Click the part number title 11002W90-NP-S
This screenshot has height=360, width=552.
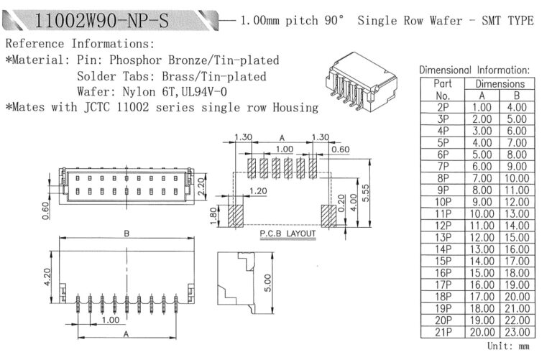pyautogui.click(x=102, y=20)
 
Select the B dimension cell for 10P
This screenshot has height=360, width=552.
pyautogui.click(x=517, y=202)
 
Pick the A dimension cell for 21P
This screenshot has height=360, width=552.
pyautogui.click(x=482, y=332)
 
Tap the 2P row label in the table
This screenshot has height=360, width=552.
pyautogui.click(x=443, y=107)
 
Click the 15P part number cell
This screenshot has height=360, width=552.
pyautogui.click(x=443, y=261)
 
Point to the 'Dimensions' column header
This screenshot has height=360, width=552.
pyautogui.click(x=500, y=84)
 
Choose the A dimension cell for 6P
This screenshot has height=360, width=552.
pyautogui.click(x=482, y=154)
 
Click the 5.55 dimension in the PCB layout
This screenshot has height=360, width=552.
pyautogui.click(x=366, y=193)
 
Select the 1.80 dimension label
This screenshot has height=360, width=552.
pyautogui.click(x=213, y=216)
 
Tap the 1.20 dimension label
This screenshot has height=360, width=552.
pyautogui.click(x=258, y=191)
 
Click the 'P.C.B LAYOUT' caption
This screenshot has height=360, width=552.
pyautogui.click(x=287, y=234)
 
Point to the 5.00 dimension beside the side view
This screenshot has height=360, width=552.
pyautogui.click(x=268, y=283)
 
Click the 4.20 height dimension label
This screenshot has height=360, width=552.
pyautogui.click(x=47, y=277)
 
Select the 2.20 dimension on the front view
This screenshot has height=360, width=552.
pyautogui.click(x=201, y=187)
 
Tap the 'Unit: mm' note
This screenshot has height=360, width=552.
pyautogui.click(x=508, y=346)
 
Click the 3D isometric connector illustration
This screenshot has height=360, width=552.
pyautogui.click(x=361, y=82)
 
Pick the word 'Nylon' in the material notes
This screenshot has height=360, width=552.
pyautogui.click(x=139, y=92)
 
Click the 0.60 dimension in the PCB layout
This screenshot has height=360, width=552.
pyautogui.click(x=341, y=149)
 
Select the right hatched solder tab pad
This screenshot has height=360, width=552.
pyautogui.click(x=328, y=216)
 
